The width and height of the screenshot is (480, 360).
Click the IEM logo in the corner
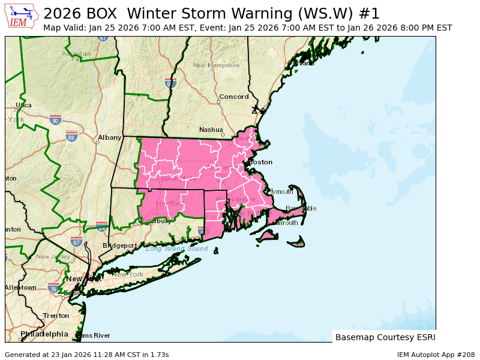[22, 17]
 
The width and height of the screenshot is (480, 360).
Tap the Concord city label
[234, 97]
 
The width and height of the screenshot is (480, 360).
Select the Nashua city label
[211, 130]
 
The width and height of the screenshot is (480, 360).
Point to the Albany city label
[110, 137]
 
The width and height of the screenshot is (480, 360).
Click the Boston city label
[260, 162]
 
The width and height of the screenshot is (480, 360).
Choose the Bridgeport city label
[119, 245]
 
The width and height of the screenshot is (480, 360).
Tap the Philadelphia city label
[44, 334]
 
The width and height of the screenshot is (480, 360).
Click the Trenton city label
[56, 316]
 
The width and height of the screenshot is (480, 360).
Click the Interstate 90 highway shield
[56, 120]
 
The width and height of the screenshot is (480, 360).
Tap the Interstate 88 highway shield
[71, 137]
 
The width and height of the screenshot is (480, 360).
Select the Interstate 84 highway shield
[102, 226]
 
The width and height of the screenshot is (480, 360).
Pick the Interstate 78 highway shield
[54, 287]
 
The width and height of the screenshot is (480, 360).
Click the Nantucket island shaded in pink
[296, 243]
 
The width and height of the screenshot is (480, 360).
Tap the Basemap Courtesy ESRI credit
[385, 337]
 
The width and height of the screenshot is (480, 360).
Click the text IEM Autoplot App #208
[436, 355]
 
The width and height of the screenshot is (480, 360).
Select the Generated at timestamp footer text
[86, 355]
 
